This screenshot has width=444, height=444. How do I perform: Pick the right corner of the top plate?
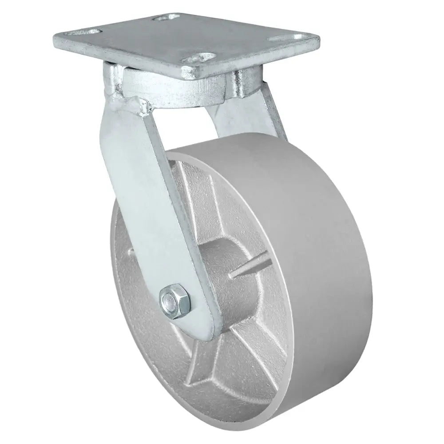coord(317,40)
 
